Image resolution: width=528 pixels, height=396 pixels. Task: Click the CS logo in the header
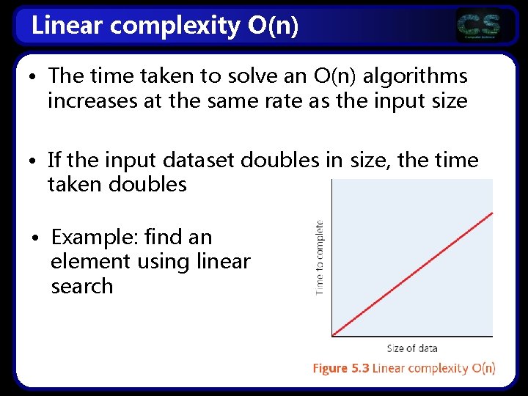479,26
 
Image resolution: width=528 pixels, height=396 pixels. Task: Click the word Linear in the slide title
62,26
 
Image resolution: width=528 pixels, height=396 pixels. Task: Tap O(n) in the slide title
274,26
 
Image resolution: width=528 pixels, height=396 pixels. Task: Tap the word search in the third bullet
82,286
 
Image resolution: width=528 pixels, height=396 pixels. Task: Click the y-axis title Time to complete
320,257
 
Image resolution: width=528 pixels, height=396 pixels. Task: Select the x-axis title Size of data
412,348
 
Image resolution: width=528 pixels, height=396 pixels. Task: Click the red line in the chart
412,274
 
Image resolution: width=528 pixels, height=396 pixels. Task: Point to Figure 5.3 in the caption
340,368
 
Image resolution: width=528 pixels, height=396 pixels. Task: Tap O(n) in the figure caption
483,368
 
